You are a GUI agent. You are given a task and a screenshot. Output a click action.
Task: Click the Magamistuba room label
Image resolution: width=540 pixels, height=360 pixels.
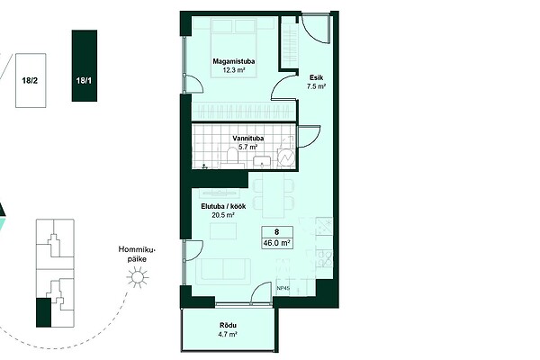click(234, 62)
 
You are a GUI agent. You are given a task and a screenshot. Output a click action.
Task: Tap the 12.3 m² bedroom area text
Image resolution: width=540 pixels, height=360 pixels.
click(234, 70)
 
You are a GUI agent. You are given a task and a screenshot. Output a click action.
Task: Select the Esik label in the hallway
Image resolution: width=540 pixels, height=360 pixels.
click(316, 78)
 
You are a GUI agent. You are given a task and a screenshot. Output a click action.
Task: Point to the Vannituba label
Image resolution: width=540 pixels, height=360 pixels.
click(248, 139)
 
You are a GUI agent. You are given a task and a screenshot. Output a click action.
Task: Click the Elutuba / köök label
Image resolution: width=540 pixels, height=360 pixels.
click(223, 207)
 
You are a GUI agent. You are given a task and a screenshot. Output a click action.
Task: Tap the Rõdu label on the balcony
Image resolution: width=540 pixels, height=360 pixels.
click(228, 326)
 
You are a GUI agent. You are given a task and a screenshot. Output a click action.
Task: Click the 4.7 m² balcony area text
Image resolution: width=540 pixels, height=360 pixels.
click(228, 334)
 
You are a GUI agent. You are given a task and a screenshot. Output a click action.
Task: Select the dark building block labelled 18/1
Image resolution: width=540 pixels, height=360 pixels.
click(85, 66)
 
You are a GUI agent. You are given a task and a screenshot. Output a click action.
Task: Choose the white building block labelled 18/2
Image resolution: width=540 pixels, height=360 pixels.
click(31, 80)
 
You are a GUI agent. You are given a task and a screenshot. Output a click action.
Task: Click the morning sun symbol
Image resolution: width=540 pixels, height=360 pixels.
click(138, 277)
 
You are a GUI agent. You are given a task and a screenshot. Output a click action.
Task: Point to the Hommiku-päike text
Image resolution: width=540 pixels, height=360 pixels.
click(137, 254)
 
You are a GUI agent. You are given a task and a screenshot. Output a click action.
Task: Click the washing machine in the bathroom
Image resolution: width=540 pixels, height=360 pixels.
click(286, 157)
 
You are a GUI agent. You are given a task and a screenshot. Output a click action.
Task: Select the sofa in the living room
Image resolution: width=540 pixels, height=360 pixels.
click(223, 272)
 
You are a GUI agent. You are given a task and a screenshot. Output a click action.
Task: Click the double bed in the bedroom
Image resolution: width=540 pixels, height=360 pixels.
click(234, 48)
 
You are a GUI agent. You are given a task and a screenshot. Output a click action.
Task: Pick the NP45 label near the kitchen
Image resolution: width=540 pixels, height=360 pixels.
click(283, 289)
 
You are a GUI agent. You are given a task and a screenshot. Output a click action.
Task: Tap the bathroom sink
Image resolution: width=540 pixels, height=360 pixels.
click(263, 162)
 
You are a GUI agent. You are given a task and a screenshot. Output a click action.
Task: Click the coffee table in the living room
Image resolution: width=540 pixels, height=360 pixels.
click(223, 230)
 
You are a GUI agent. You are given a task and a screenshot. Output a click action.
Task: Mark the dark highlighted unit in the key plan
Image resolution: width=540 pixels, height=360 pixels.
click(43, 313)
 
